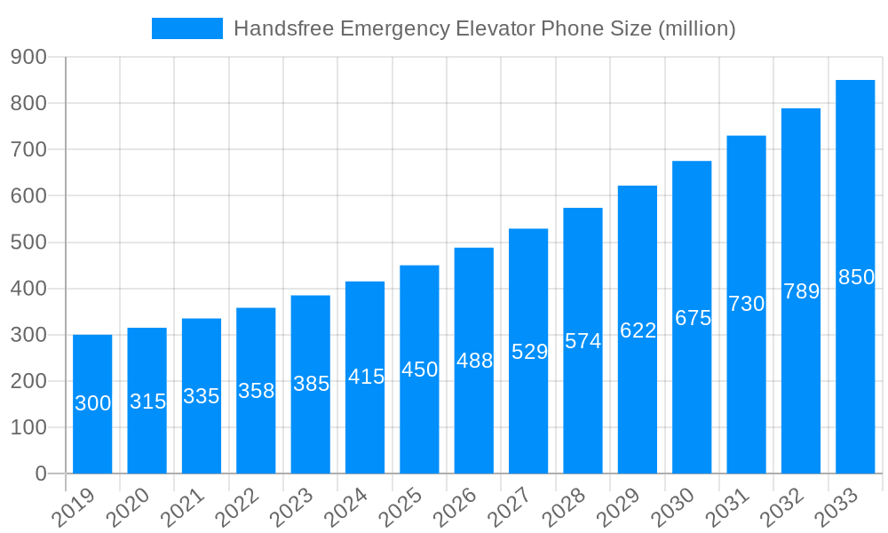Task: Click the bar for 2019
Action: click(92, 404)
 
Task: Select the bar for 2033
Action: click(855, 276)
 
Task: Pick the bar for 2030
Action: click(692, 317)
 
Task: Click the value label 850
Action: click(856, 277)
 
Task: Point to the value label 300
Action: click(92, 403)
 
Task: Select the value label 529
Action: click(529, 352)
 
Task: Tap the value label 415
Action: click(366, 377)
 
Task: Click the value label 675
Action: click(693, 318)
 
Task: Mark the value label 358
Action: click(256, 391)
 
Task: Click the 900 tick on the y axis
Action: click(28, 57)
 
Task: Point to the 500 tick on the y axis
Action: click(28, 243)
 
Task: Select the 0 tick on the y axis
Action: click(41, 474)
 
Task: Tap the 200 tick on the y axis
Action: click(28, 381)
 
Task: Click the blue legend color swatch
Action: click(187, 28)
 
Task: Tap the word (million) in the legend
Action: click(696, 28)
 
